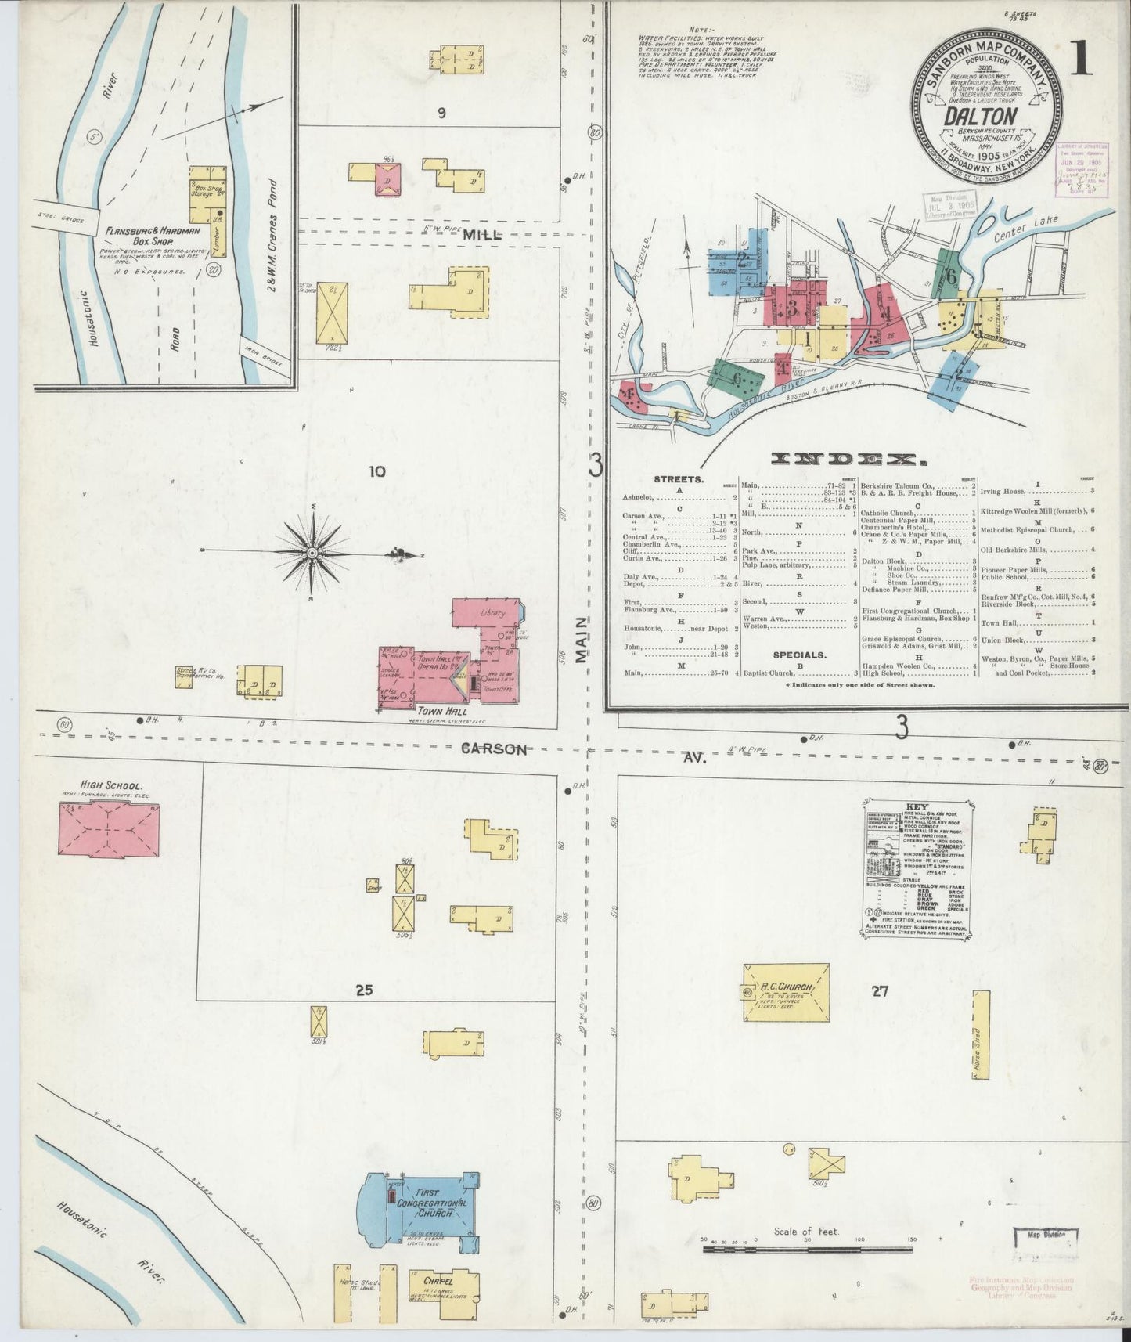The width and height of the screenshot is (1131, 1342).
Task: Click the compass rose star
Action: click(x=312, y=553)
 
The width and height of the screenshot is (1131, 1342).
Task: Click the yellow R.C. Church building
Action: click(x=785, y=992)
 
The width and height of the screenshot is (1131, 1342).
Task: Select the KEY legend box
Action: click(x=917, y=868)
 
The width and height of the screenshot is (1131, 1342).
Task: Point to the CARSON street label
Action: click(x=494, y=749)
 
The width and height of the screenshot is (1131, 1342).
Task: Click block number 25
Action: click(x=363, y=990)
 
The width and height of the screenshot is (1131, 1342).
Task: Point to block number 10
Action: click(x=377, y=471)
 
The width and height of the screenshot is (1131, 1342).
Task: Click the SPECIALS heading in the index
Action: click(x=800, y=654)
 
